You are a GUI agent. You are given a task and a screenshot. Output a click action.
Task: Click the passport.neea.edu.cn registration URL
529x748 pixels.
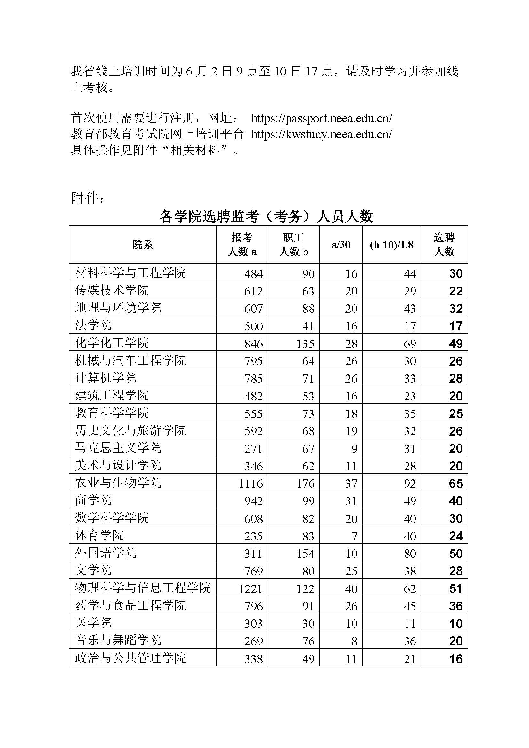(x=321, y=118)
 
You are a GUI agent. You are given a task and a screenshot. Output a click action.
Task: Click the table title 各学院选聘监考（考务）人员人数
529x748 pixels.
(x=266, y=217)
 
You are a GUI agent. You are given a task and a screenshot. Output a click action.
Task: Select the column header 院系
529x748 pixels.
(x=143, y=245)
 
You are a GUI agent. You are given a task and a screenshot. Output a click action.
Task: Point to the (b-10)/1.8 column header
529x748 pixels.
(x=391, y=245)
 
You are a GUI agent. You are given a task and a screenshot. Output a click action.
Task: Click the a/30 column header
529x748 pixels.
(x=340, y=245)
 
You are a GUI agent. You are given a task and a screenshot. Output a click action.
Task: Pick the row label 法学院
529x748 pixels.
(x=93, y=325)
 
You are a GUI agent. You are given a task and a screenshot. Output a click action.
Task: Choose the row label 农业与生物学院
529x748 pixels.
(x=118, y=483)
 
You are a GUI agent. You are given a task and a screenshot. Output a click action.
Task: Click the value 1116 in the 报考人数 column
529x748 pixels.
(x=250, y=484)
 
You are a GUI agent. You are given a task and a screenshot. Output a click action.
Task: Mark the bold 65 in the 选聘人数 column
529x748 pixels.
(x=455, y=484)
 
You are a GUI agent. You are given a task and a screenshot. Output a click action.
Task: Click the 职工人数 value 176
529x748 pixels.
(x=305, y=484)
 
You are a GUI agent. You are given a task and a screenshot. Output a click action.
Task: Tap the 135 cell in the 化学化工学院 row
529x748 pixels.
(x=305, y=344)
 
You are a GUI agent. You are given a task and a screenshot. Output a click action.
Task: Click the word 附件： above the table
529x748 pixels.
(x=88, y=198)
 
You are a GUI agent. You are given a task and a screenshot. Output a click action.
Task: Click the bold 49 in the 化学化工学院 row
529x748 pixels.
(x=455, y=344)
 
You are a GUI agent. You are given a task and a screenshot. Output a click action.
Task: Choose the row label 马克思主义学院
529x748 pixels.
(x=118, y=448)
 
